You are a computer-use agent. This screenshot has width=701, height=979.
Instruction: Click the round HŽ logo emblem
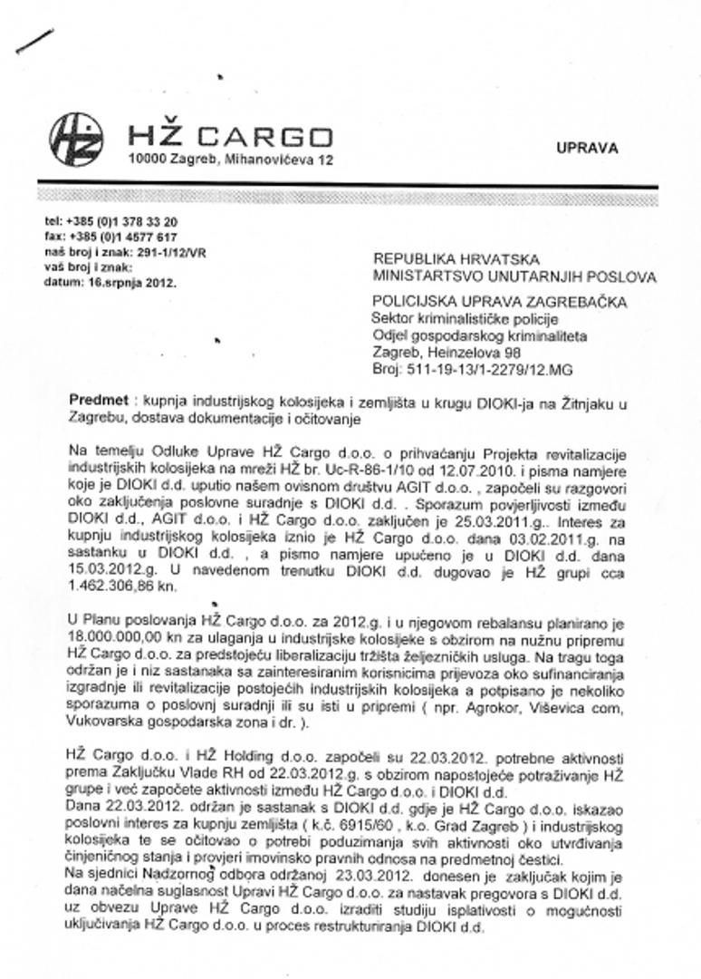click(76, 139)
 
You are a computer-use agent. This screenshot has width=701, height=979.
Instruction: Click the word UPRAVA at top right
click(588, 149)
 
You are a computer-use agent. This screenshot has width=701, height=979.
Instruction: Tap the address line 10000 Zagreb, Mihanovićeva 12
click(230, 160)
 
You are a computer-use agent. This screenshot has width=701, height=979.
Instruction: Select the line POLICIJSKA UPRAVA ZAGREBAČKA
click(513, 301)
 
